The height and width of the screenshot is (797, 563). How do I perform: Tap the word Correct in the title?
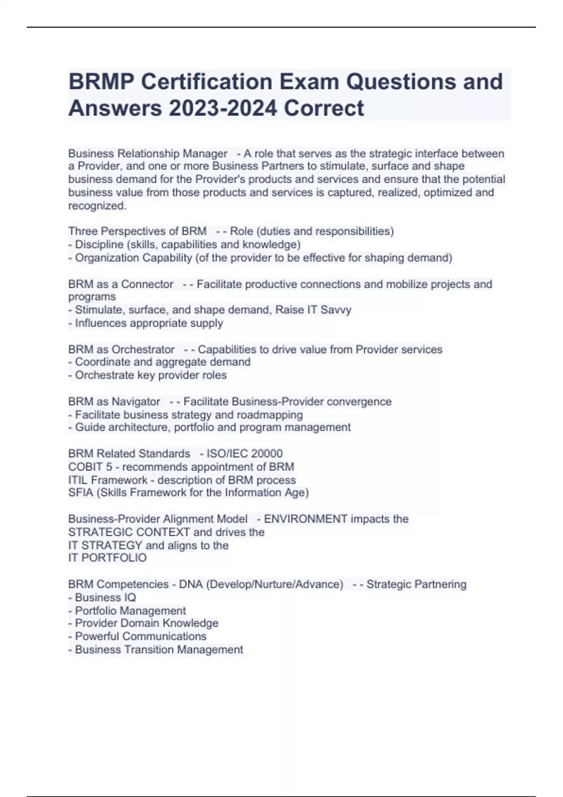324,108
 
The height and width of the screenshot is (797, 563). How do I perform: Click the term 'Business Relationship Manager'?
148,153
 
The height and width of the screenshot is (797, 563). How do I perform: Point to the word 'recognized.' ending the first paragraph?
97,205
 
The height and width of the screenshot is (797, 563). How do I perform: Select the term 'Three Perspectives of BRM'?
137,231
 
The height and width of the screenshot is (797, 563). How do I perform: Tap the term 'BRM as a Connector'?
121,284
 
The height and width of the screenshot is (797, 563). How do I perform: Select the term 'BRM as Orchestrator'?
121,349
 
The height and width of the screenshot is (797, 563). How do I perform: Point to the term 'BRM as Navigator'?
114,402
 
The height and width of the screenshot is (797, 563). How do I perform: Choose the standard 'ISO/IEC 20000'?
244,453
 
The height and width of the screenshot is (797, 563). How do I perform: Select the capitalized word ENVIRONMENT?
306,519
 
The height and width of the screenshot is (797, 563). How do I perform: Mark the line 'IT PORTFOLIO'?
107,558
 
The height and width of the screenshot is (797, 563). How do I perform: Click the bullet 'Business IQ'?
105,597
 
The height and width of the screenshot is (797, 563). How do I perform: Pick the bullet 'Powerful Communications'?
140,636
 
